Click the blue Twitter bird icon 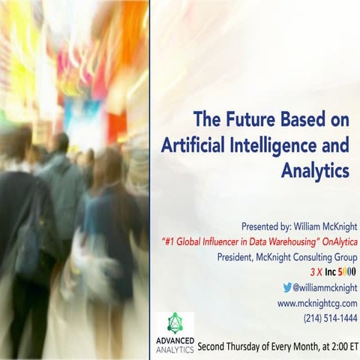(286, 287)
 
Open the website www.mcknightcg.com (317, 303)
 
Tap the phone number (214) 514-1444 (331, 318)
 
